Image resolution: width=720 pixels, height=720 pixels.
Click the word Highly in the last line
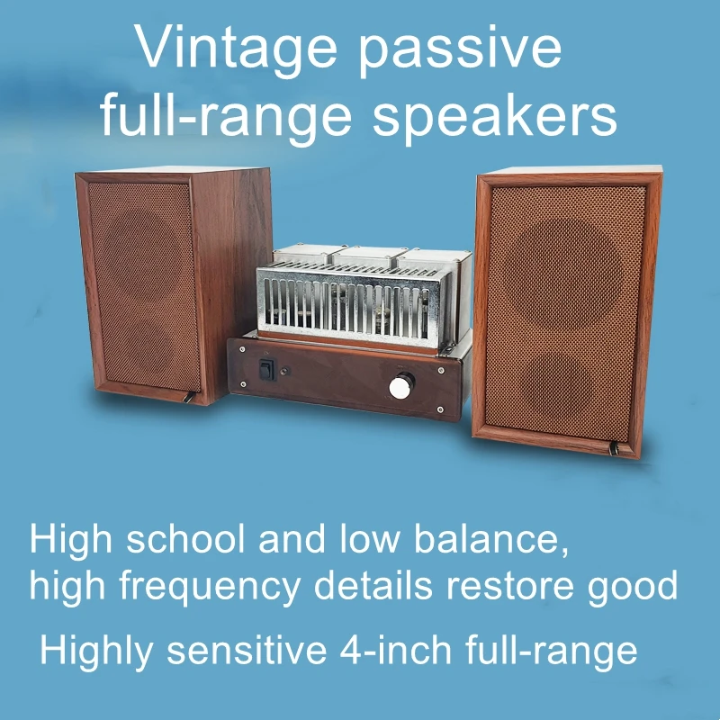pyautogui.click(x=91, y=650)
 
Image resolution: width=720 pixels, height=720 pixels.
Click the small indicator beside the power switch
pyautogui.click(x=286, y=370)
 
